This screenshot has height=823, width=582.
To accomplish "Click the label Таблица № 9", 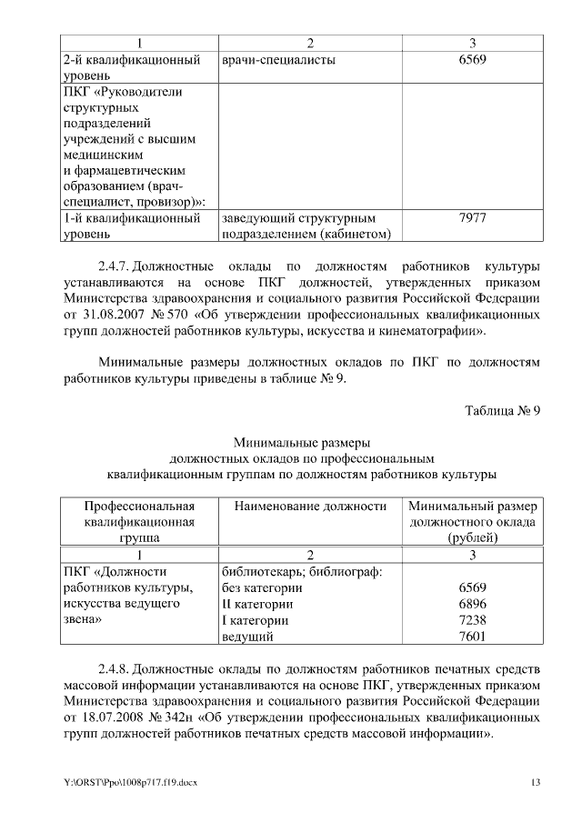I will pos(503,410).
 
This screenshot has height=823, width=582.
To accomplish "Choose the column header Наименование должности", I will pos(310,506).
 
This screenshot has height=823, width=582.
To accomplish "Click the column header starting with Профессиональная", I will pos(140,521).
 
